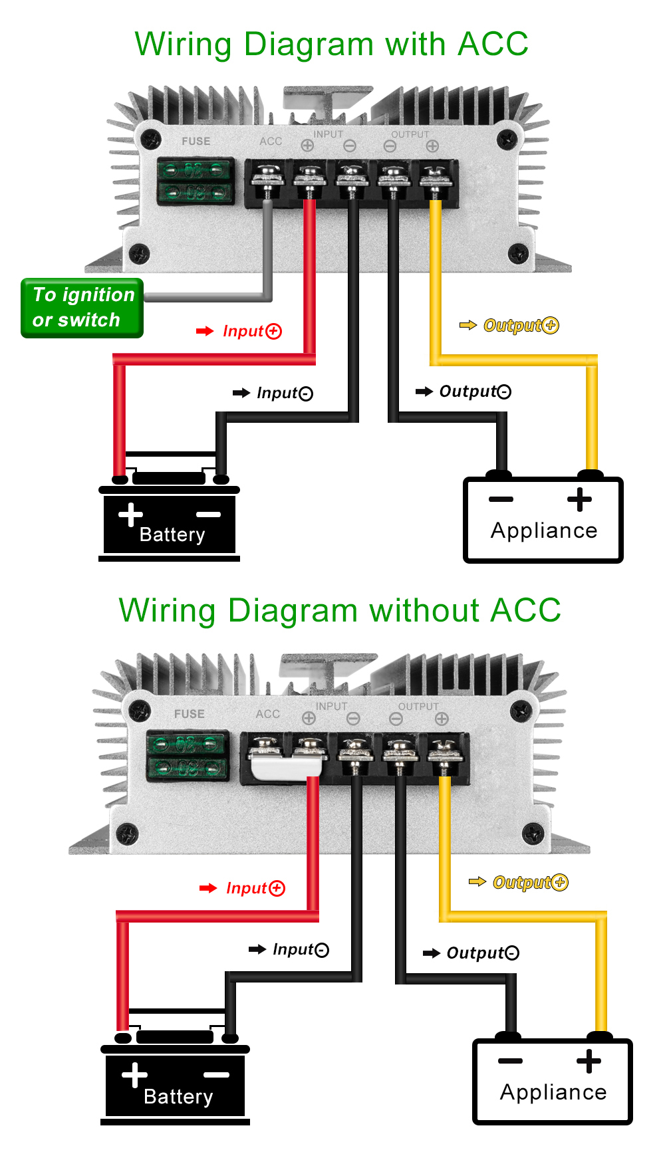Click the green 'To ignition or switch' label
[x=82, y=308]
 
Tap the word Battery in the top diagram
[x=172, y=534]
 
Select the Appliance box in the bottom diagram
[x=553, y=1082]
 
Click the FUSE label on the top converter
[x=196, y=142]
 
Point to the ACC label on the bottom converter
[x=268, y=714]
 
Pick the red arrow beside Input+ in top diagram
[x=205, y=331]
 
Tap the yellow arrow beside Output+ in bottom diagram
[x=477, y=882]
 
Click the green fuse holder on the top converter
[x=196, y=181]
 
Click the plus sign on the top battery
[x=130, y=515]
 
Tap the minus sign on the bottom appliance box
[x=510, y=1061]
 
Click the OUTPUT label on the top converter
[x=410, y=134]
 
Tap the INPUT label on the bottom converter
[x=331, y=706]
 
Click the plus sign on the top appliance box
[x=579, y=499]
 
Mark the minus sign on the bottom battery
[x=216, y=1075]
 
